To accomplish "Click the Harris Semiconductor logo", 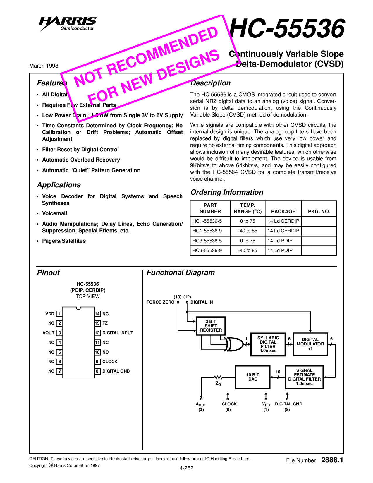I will point(68,23).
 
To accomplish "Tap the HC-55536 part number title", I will point(287,29).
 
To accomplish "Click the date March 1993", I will point(44,66).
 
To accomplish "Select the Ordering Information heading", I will point(227,192).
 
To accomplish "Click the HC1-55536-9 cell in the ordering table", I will point(207,231).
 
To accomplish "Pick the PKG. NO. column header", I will point(319,211).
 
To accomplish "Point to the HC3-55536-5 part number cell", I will point(207,241).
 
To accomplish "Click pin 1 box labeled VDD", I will point(59,314).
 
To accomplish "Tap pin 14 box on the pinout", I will point(97,314).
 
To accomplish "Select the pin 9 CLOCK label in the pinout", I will point(110,362).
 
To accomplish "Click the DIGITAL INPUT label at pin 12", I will point(118,333).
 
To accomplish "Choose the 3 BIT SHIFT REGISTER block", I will point(211,326).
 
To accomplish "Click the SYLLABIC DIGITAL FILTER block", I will point(268,344).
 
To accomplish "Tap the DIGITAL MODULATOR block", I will point(310,344).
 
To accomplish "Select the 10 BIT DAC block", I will point(253,377).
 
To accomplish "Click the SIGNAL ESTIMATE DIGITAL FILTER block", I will point(304,377).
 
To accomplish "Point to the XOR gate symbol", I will point(234,344).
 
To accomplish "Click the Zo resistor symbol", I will point(218,377).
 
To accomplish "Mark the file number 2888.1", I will point(332,460).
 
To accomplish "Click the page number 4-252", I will point(187,468).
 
